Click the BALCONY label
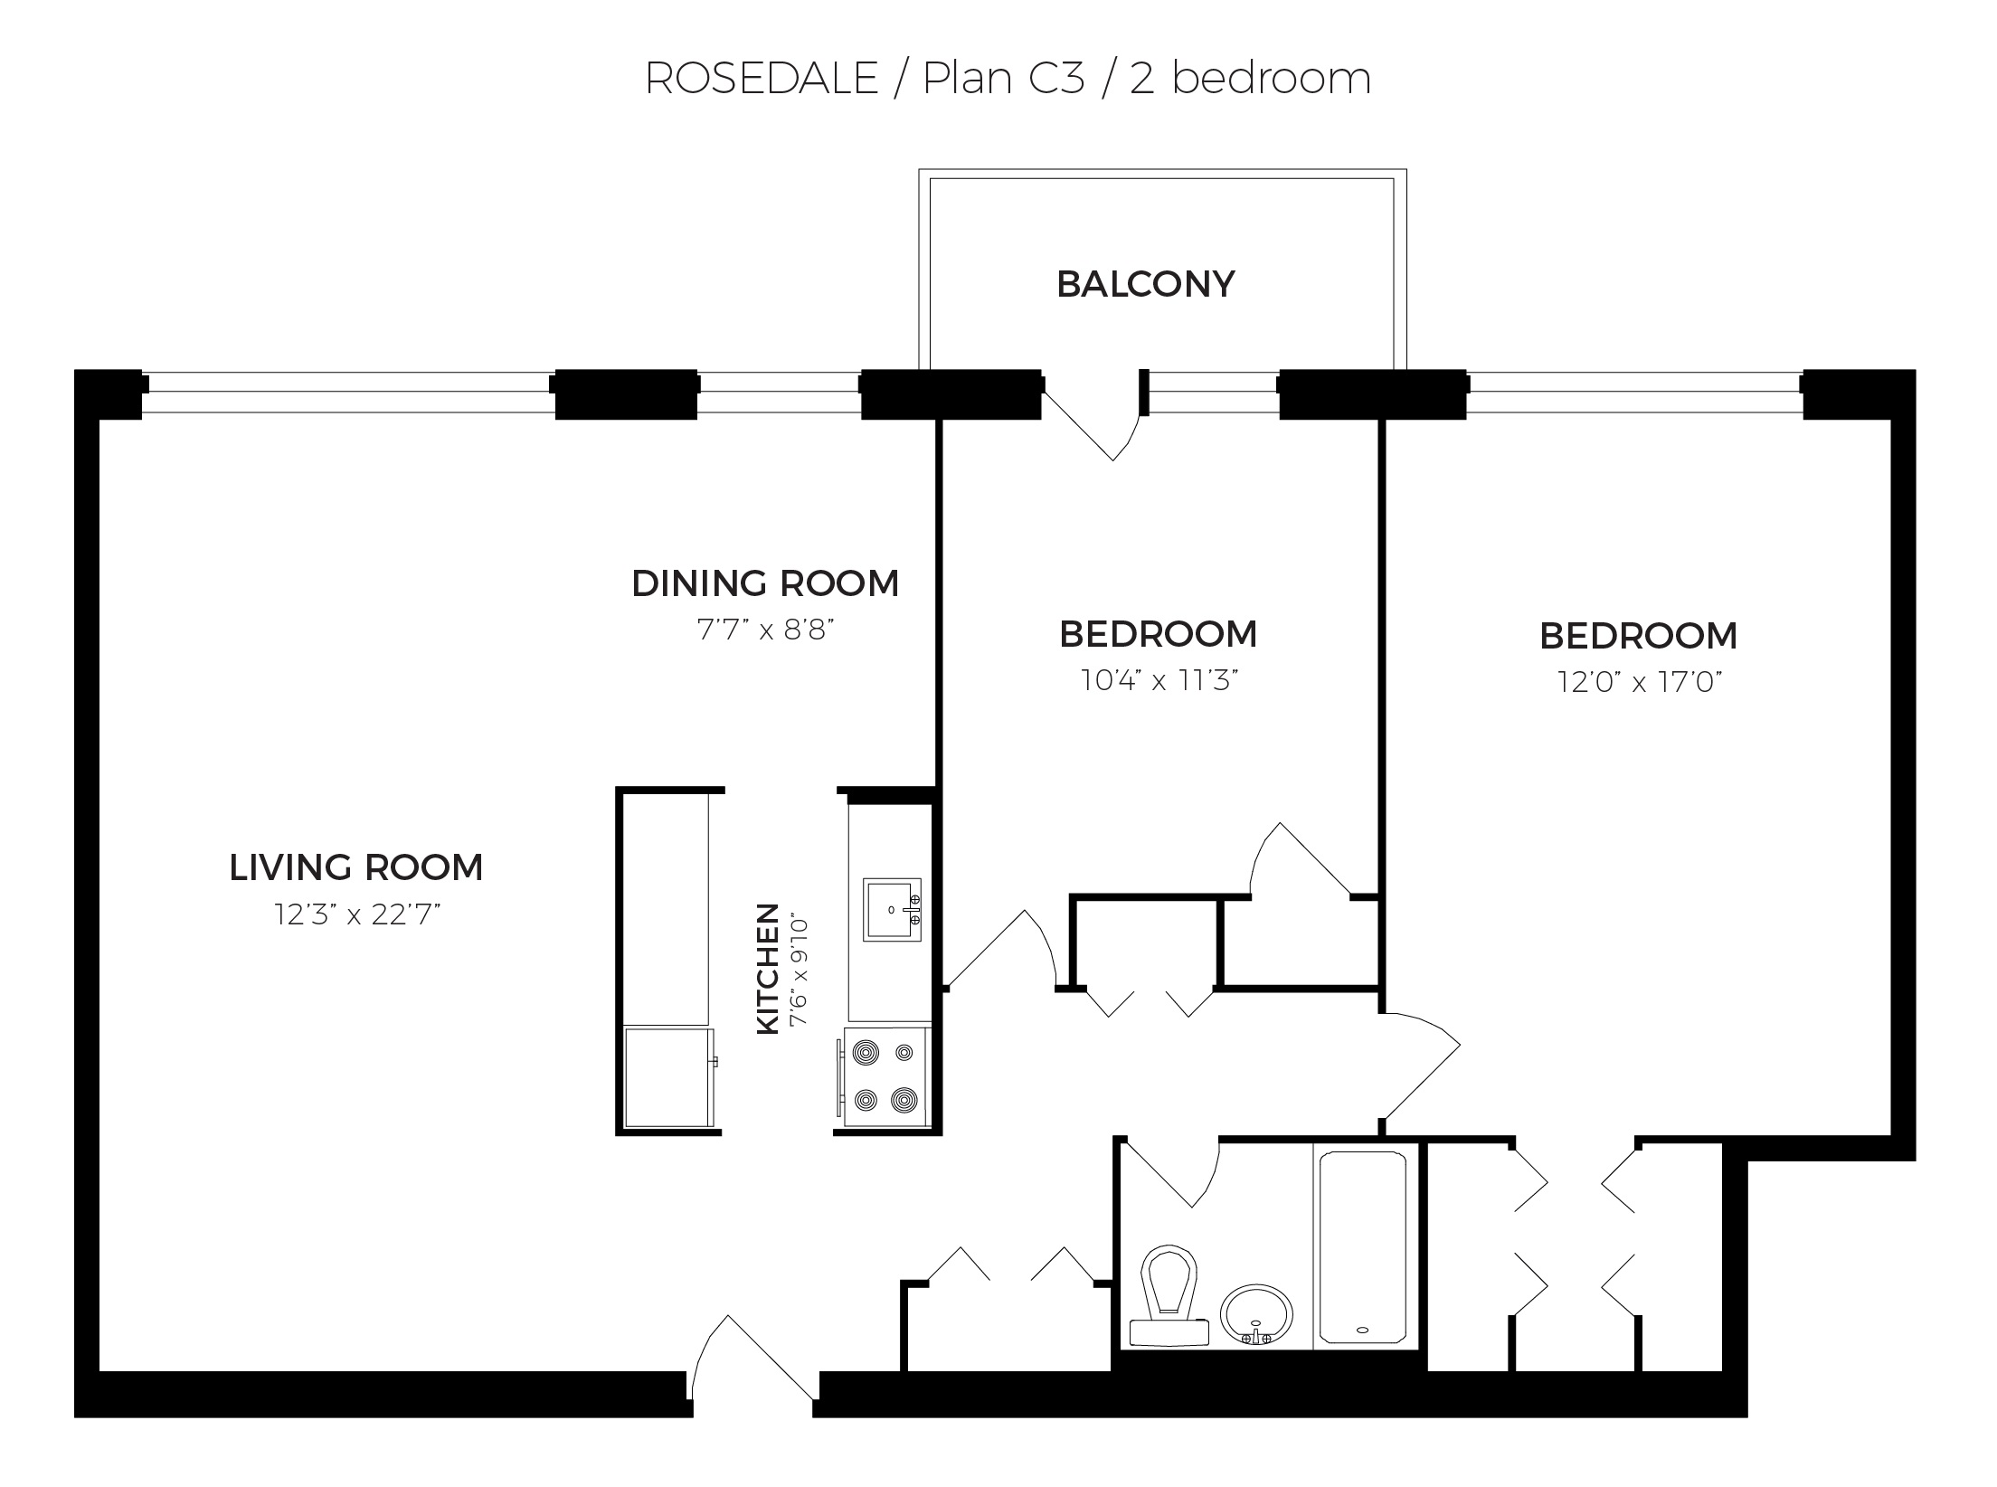[x=1145, y=284]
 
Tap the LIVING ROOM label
[x=356, y=867]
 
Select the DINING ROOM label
[x=765, y=583]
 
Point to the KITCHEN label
[x=767, y=968]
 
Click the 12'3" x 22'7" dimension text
[x=358, y=914]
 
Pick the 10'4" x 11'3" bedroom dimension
[x=1159, y=680]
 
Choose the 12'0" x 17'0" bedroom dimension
[x=1639, y=682]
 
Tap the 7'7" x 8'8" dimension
[x=765, y=630]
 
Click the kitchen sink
[x=892, y=909]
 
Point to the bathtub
[x=1363, y=1247]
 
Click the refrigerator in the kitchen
[x=669, y=1077]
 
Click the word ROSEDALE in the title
[x=762, y=79]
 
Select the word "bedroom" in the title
[x=1271, y=78]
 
